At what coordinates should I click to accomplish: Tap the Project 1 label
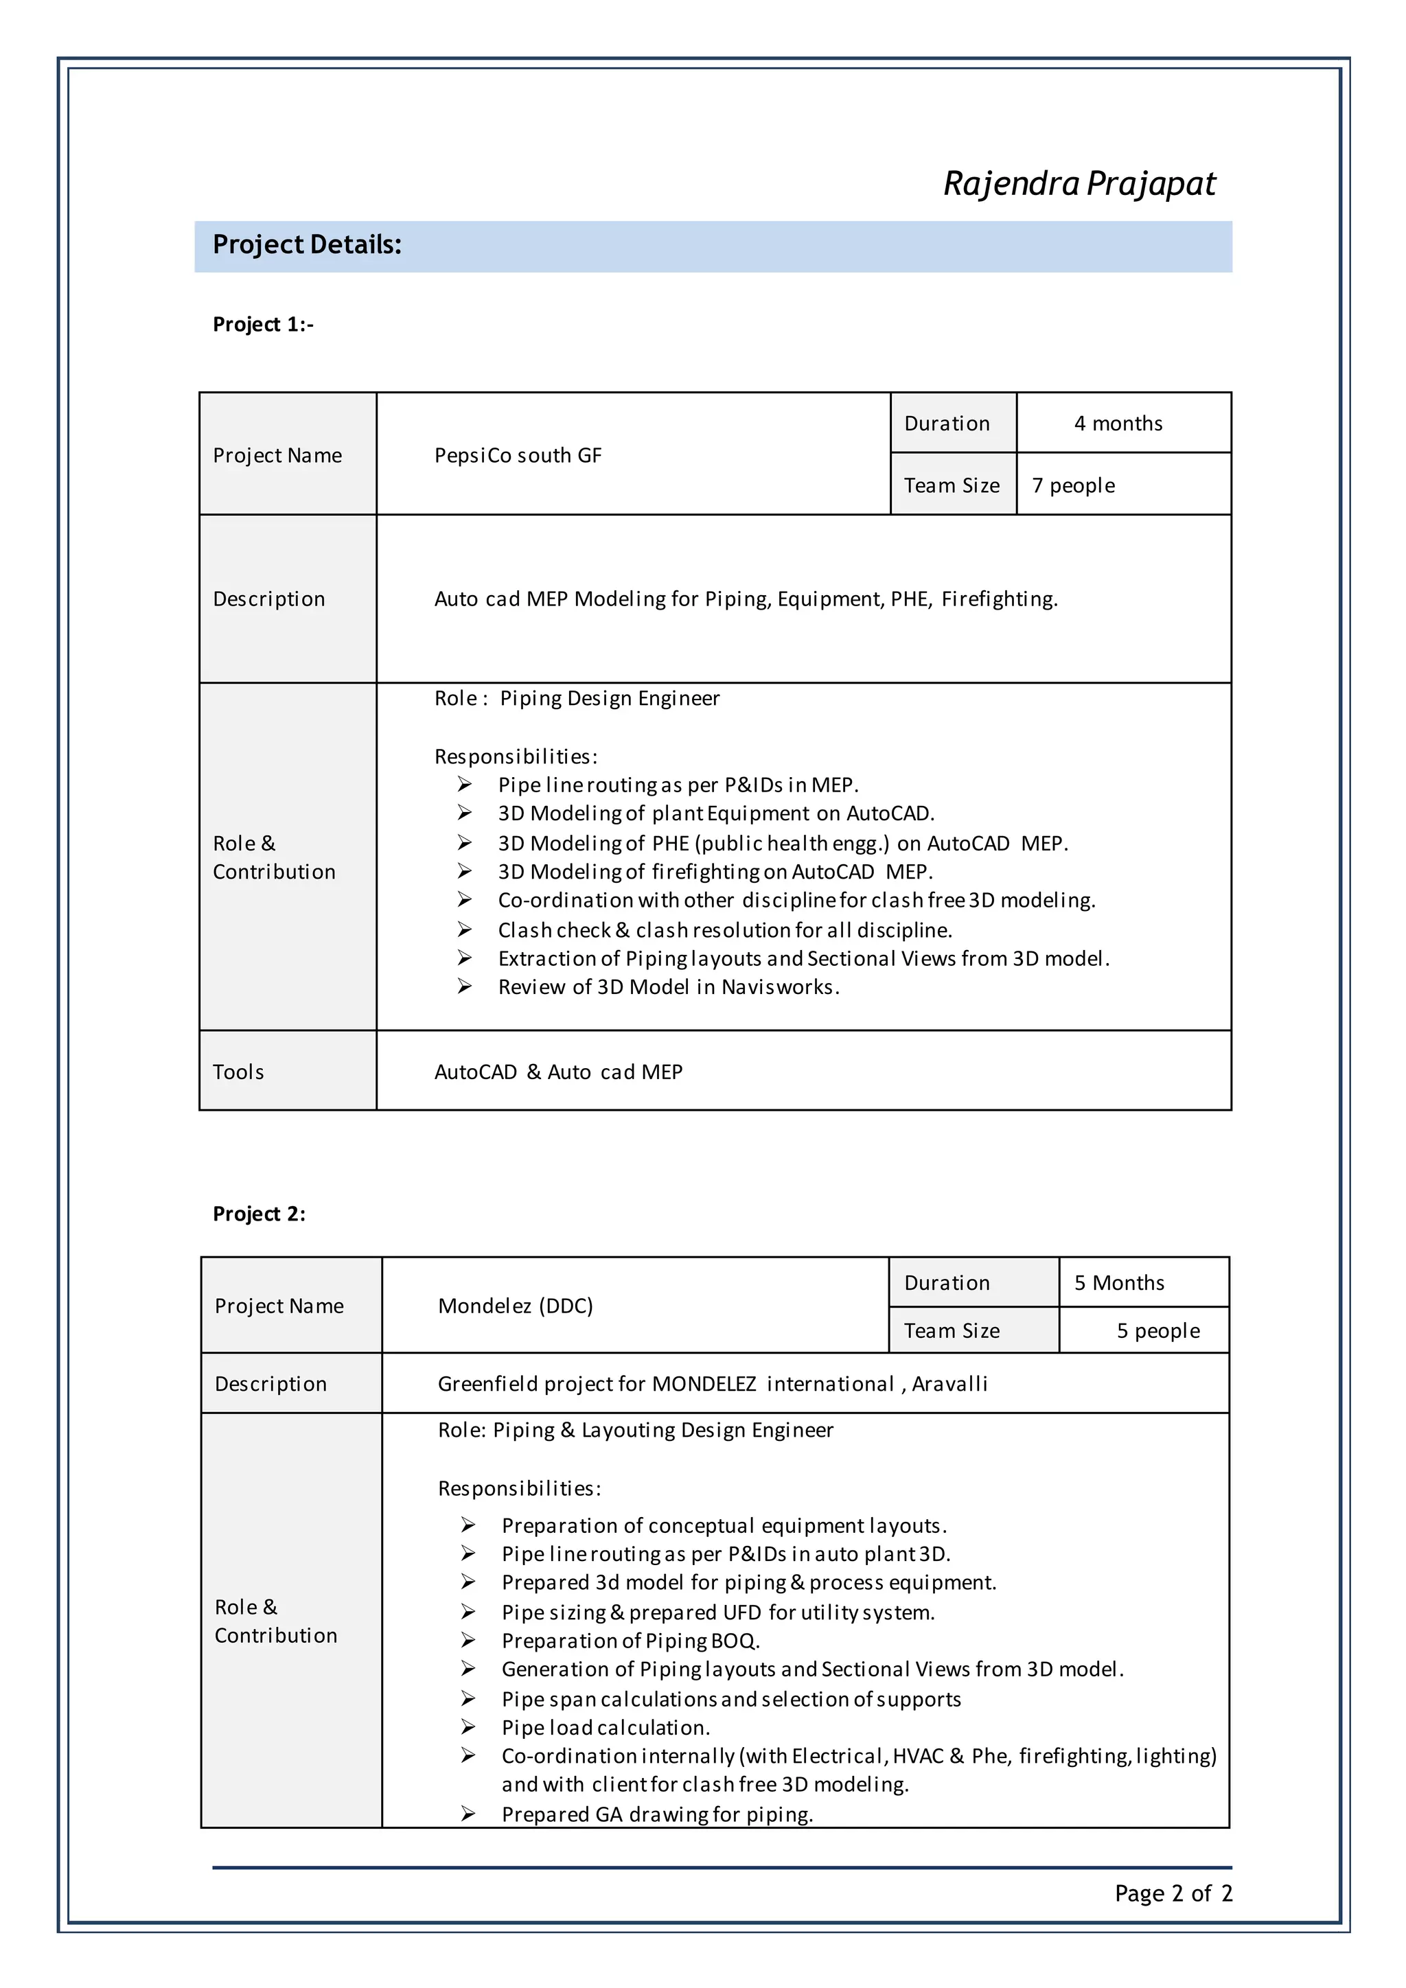262,325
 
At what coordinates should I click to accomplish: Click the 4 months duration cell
1118,424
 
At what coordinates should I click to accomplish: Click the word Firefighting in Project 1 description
998,599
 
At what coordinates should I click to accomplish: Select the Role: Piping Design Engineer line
577,699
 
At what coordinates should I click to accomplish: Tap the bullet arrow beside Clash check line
465,930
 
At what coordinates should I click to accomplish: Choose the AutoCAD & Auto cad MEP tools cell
557,1072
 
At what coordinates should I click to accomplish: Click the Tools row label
238,1072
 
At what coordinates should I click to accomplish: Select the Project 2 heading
259,1214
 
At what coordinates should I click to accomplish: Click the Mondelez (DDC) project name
515,1306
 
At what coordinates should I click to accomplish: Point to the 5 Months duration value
1118,1283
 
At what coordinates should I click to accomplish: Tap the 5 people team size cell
1157,1331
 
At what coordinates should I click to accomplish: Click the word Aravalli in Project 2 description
949,1384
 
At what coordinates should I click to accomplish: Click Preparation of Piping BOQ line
630,1641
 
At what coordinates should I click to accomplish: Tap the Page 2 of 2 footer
1173,1894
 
